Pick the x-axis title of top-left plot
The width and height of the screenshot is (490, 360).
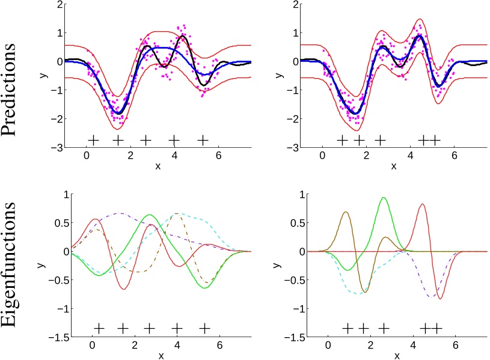pos(158,165)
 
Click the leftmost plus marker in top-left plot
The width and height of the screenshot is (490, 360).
pos(93,140)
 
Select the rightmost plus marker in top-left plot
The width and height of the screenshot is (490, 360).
pos(203,140)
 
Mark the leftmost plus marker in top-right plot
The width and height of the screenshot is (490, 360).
pos(341,141)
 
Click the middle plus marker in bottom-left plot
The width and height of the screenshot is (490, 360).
pos(150,328)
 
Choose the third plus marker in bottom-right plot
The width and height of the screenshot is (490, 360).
pos(384,328)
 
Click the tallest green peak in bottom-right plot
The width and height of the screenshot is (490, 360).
pos(383,198)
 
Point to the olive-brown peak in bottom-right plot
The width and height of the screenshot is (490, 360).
pos(346,212)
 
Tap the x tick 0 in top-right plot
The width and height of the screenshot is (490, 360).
pos(322,155)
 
